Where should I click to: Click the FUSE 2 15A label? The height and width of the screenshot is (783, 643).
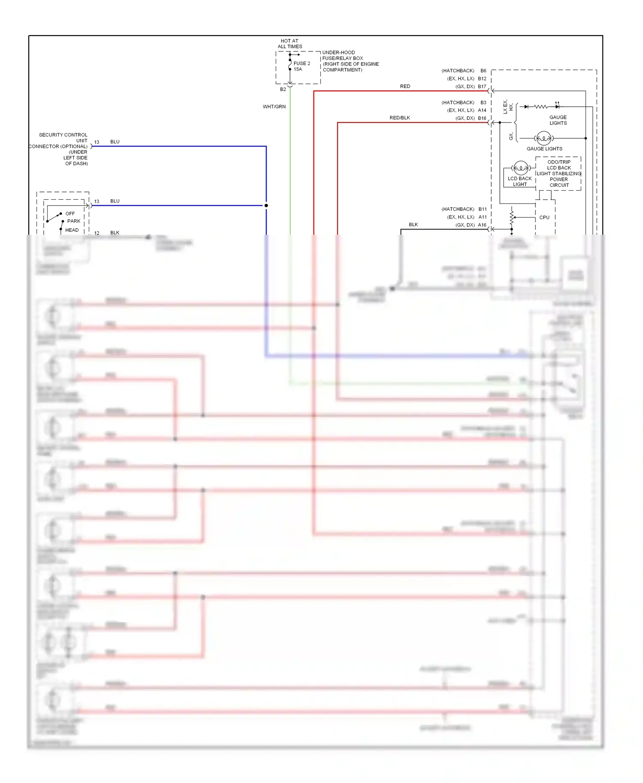point(301,66)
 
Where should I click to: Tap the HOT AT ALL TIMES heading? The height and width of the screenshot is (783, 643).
point(290,44)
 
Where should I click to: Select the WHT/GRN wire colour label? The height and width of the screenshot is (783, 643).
point(274,107)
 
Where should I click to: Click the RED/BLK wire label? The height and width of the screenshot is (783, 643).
point(400,118)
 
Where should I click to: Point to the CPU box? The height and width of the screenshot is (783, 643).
point(544,217)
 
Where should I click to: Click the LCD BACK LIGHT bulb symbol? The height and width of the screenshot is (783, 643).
point(520,167)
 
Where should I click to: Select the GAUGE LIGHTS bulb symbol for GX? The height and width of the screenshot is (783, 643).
point(544,138)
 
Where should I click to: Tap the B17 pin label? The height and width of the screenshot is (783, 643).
point(482,87)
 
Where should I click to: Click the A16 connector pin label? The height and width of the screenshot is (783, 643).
point(482,225)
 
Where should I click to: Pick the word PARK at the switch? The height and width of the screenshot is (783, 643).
point(74,221)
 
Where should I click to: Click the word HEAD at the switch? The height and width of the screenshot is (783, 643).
point(72,230)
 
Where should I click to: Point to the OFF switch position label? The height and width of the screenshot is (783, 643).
point(70,213)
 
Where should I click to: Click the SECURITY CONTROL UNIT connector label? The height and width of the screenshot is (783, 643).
point(60,149)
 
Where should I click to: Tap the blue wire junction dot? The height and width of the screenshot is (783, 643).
point(266,206)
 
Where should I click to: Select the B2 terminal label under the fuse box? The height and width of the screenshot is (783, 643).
point(283,90)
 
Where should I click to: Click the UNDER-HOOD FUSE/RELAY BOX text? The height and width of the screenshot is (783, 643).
point(350,61)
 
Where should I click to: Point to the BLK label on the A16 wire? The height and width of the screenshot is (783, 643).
point(413,224)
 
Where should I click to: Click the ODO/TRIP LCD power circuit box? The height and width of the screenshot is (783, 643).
point(559,173)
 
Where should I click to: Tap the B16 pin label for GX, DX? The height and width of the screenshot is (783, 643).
point(482,118)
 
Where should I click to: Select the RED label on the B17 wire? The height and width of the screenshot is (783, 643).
point(405,86)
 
